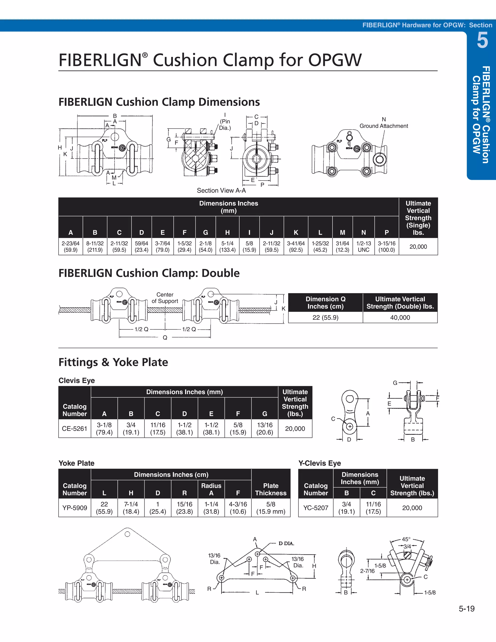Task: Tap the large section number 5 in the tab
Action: point(482,40)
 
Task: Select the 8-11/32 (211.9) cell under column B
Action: point(95,247)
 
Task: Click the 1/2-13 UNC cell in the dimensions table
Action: point(364,247)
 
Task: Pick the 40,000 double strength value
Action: point(400,317)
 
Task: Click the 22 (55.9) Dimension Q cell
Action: point(325,317)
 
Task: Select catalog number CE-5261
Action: point(75,429)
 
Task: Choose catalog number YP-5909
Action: point(75,508)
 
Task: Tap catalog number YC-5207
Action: point(316,508)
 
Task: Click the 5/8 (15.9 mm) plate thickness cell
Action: point(271,508)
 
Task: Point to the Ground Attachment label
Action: point(384,126)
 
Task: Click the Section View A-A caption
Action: point(221,190)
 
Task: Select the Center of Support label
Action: point(165,298)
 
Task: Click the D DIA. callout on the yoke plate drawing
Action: point(286,543)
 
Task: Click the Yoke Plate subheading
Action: point(76,463)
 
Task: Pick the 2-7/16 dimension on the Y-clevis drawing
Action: point(367,571)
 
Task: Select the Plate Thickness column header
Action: point(271,489)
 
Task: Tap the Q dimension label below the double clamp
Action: point(165,338)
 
